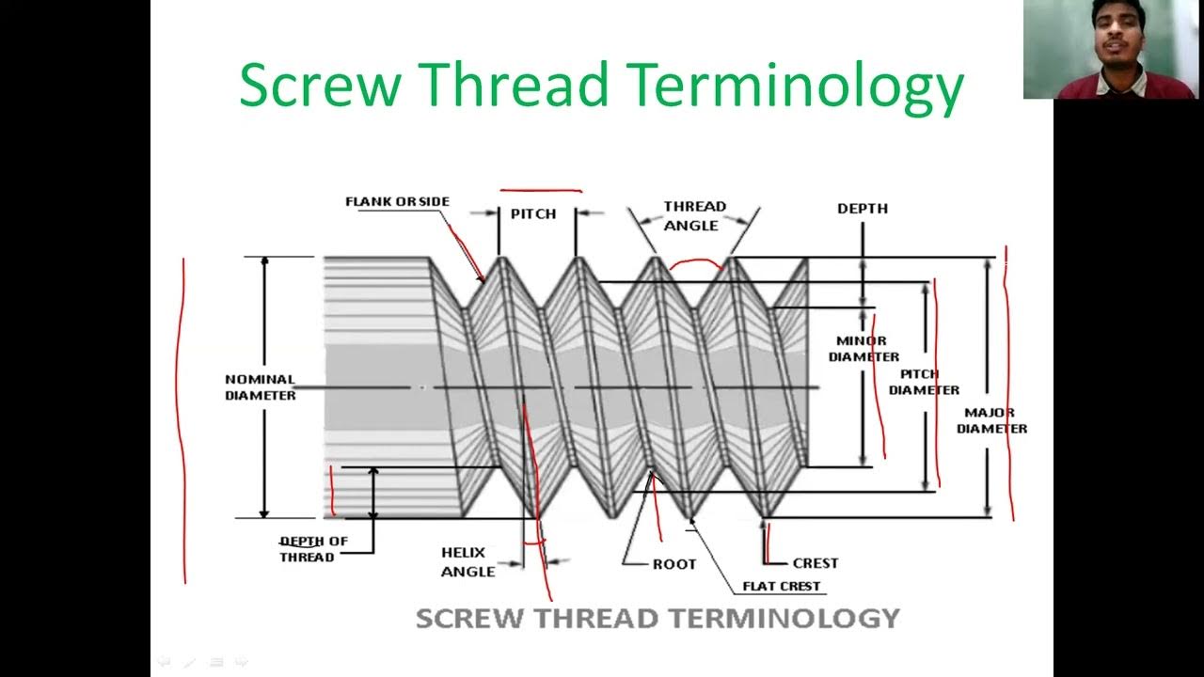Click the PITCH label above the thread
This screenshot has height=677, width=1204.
[533, 213]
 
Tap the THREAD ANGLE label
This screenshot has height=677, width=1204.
[694, 215]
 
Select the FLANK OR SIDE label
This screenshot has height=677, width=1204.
[397, 201]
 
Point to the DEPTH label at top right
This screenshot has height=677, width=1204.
[862, 208]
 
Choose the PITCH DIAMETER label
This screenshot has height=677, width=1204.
[924, 382]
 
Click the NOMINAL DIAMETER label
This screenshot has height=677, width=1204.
[260, 387]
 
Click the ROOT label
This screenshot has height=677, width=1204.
[674, 564]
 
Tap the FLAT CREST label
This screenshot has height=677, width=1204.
[781, 586]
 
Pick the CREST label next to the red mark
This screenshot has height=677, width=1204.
[815, 563]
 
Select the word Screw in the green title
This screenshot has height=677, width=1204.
[320, 85]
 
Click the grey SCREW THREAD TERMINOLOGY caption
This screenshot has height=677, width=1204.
[657, 618]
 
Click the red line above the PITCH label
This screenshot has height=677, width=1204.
[541, 190]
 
